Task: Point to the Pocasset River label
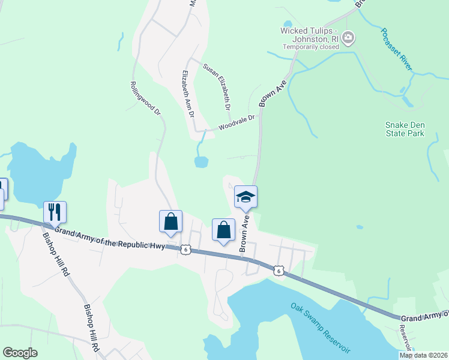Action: click(x=397, y=50)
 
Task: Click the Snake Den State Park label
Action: click(x=405, y=129)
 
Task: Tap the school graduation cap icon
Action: click(x=246, y=197)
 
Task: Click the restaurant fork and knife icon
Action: click(x=55, y=212)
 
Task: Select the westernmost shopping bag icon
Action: click(x=171, y=221)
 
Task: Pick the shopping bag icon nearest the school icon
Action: click(x=223, y=229)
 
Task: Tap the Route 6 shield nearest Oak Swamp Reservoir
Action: click(x=278, y=271)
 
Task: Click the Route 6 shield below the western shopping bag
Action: click(x=186, y=250)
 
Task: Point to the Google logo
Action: click(x=20, y=353)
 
